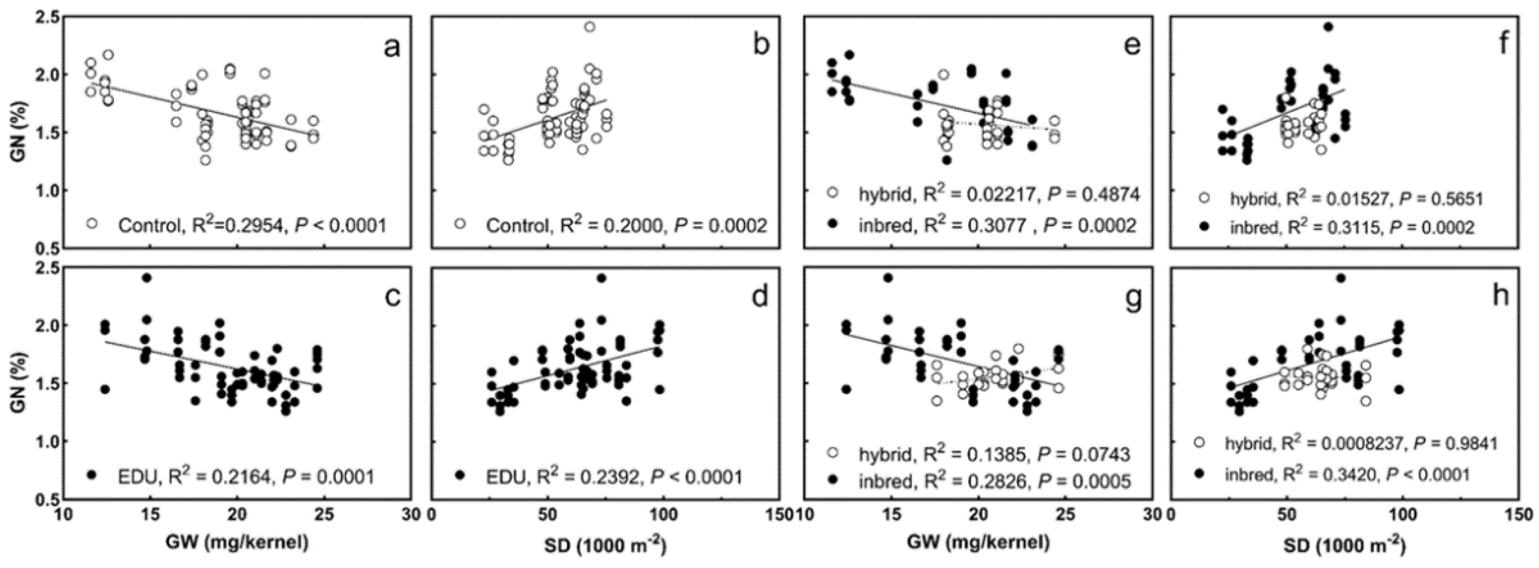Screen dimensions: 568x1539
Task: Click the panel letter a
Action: coord(391,46)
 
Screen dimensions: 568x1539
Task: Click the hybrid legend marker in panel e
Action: coord(832,193)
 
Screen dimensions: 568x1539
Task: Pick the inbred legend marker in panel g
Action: coord(832,481)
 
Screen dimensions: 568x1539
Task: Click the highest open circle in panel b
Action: coord(589,26)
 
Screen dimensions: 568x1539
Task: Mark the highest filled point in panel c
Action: coord(147,278)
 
